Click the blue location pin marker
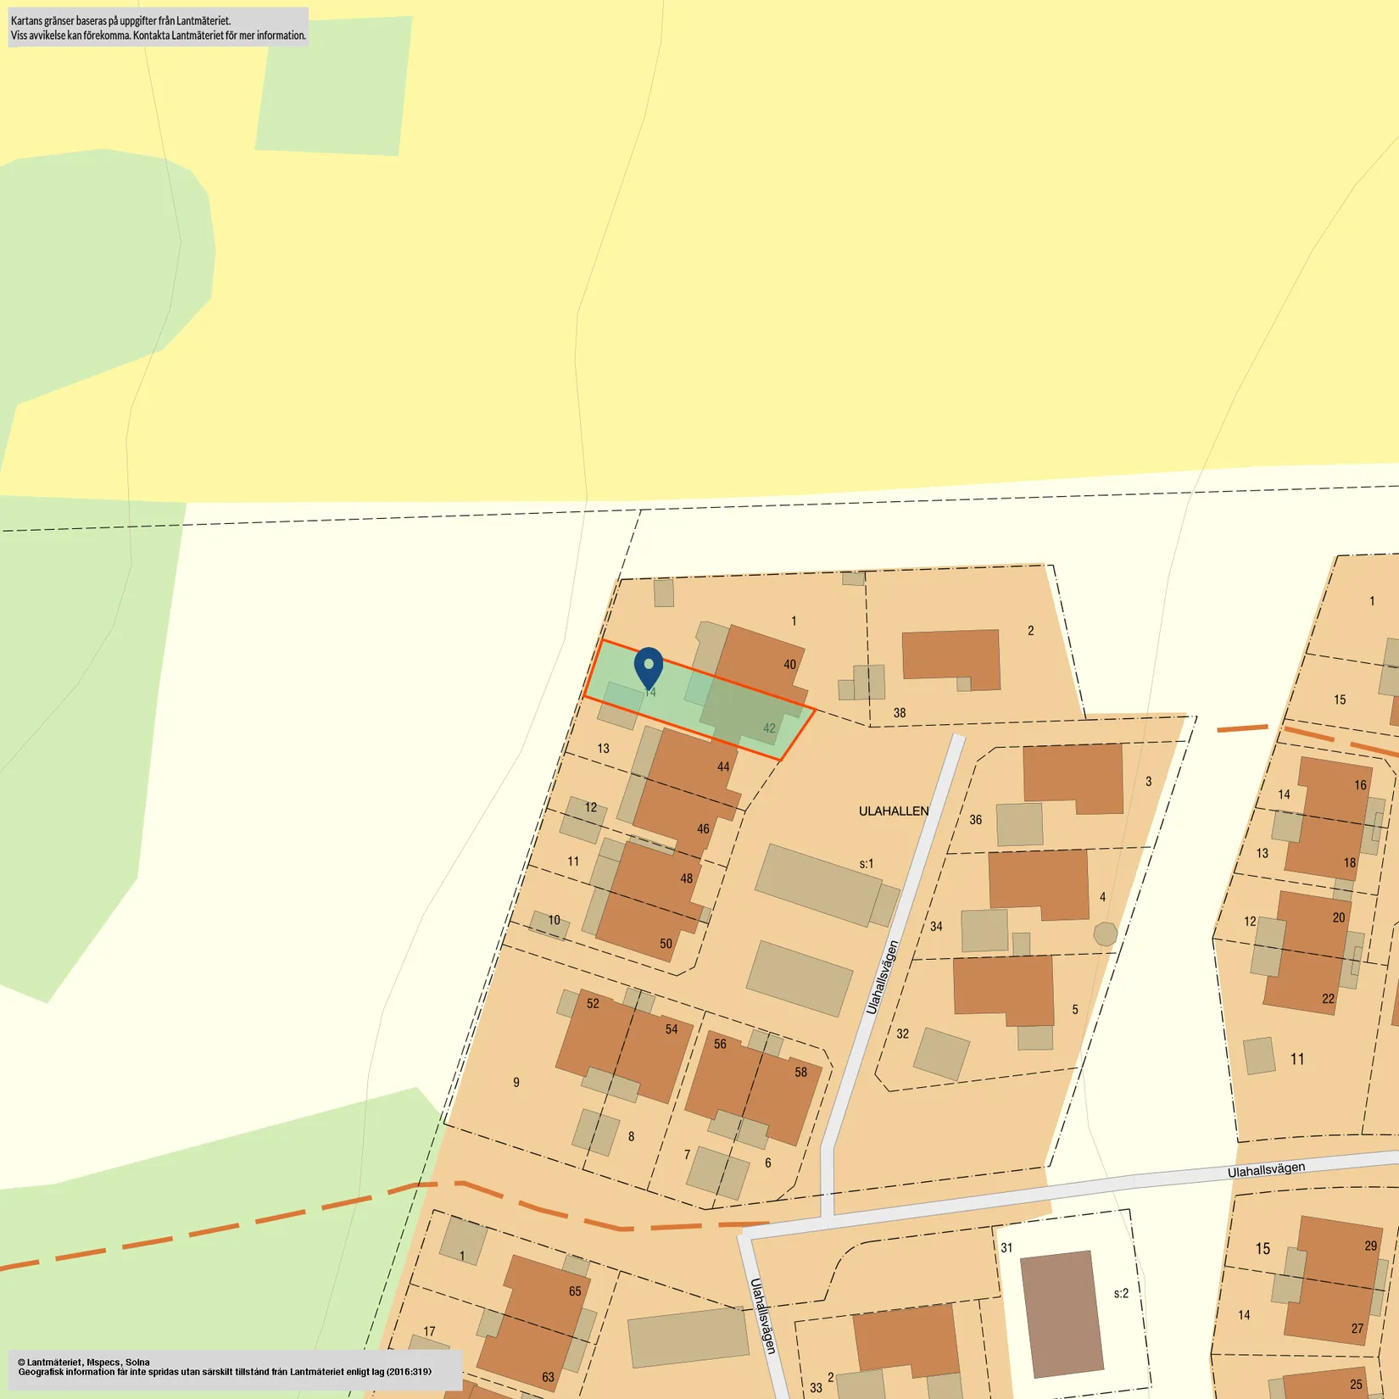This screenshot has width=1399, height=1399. click(649, 666)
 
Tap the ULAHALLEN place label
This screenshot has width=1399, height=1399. click(894, 811)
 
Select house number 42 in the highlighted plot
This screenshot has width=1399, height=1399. click(769, 728)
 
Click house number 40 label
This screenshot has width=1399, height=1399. click(789, 665)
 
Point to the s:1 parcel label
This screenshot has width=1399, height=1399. click(866, 864)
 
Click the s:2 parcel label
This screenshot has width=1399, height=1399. click(1121, 1293)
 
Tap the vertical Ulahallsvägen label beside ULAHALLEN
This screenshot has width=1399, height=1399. click(882, 978)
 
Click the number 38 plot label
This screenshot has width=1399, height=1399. click(900, 713)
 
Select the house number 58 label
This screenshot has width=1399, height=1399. click(800, 1073)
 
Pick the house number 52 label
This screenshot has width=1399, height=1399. click(593, 1004)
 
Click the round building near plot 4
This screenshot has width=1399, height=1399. click(1105, 934)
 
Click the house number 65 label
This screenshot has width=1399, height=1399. click(575, 1291)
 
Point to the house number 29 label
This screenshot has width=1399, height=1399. click(1371, 1246)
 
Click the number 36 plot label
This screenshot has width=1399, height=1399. click(976, 820)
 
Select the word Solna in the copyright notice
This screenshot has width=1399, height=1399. click(138, 1363)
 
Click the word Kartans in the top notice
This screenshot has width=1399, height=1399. click(26, 20)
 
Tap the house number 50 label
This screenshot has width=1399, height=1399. click(666, 944)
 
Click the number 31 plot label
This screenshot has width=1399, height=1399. click(1006, 1248)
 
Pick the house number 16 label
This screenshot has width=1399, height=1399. click(1361, 785)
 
